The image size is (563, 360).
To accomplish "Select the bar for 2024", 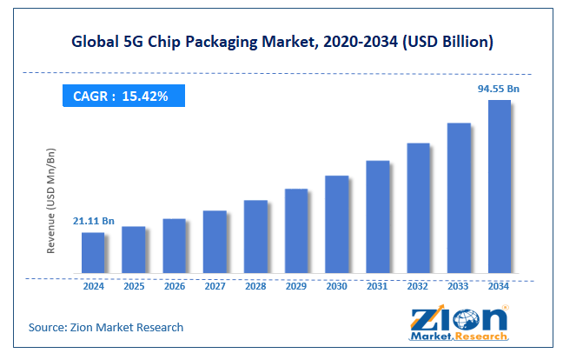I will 93,252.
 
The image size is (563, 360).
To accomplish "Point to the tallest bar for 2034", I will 499,186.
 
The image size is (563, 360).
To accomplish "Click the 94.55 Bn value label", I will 498,88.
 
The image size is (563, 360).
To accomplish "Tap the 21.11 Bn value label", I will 93,221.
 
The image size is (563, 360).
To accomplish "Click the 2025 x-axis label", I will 134,285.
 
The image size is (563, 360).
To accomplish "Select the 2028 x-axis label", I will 255,285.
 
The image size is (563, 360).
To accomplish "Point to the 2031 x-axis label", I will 377,285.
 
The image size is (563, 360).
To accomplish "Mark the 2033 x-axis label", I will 459,285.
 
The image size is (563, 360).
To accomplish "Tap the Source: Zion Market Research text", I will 105,327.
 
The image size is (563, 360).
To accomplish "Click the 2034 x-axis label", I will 499,285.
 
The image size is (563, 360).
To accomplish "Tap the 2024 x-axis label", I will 93,285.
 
